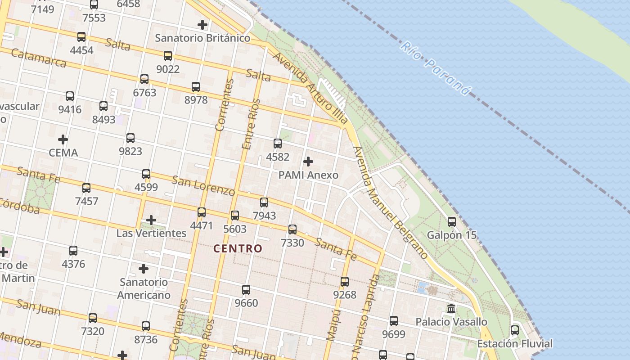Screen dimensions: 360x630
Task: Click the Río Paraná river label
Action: tap(435, 69)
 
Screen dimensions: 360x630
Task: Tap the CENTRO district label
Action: tap(238, 248)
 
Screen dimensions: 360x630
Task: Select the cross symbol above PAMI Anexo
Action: tap(308, 161)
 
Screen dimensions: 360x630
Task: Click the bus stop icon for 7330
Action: tap(292, 229)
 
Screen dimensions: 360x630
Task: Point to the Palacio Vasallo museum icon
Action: tap(451, 309)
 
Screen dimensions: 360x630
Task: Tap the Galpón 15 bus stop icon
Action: tap(452, 221)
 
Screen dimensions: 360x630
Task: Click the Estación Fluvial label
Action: tap(514, 344)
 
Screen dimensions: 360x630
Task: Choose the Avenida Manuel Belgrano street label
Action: tap(390, 203)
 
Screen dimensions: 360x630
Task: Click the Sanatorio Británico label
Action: tap(202, 38)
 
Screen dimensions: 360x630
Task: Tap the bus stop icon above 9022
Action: tap(168, 56)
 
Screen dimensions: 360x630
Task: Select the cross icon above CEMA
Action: tap(63, 139)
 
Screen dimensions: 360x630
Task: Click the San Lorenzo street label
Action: tap(203, 186)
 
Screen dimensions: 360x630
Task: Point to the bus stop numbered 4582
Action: tap(278, 144)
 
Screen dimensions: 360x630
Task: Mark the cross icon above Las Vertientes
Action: tap(151, 220)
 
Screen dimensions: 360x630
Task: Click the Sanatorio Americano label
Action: tap(144, 288)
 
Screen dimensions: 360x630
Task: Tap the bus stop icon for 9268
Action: tap(345, 282)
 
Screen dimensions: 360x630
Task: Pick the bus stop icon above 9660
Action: tap(246, 290)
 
